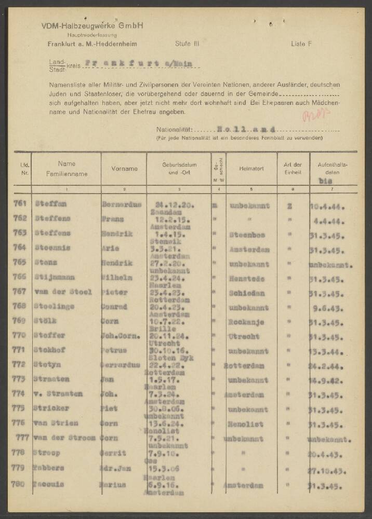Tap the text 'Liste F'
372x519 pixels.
tap(301, 44)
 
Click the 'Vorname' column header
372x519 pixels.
tap(124, 169)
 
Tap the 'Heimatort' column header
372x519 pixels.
tap(251, 169)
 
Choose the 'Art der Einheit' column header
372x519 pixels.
tap(293, 169)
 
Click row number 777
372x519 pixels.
tap(22, 438)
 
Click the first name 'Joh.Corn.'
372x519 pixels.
tap(121, 336)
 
